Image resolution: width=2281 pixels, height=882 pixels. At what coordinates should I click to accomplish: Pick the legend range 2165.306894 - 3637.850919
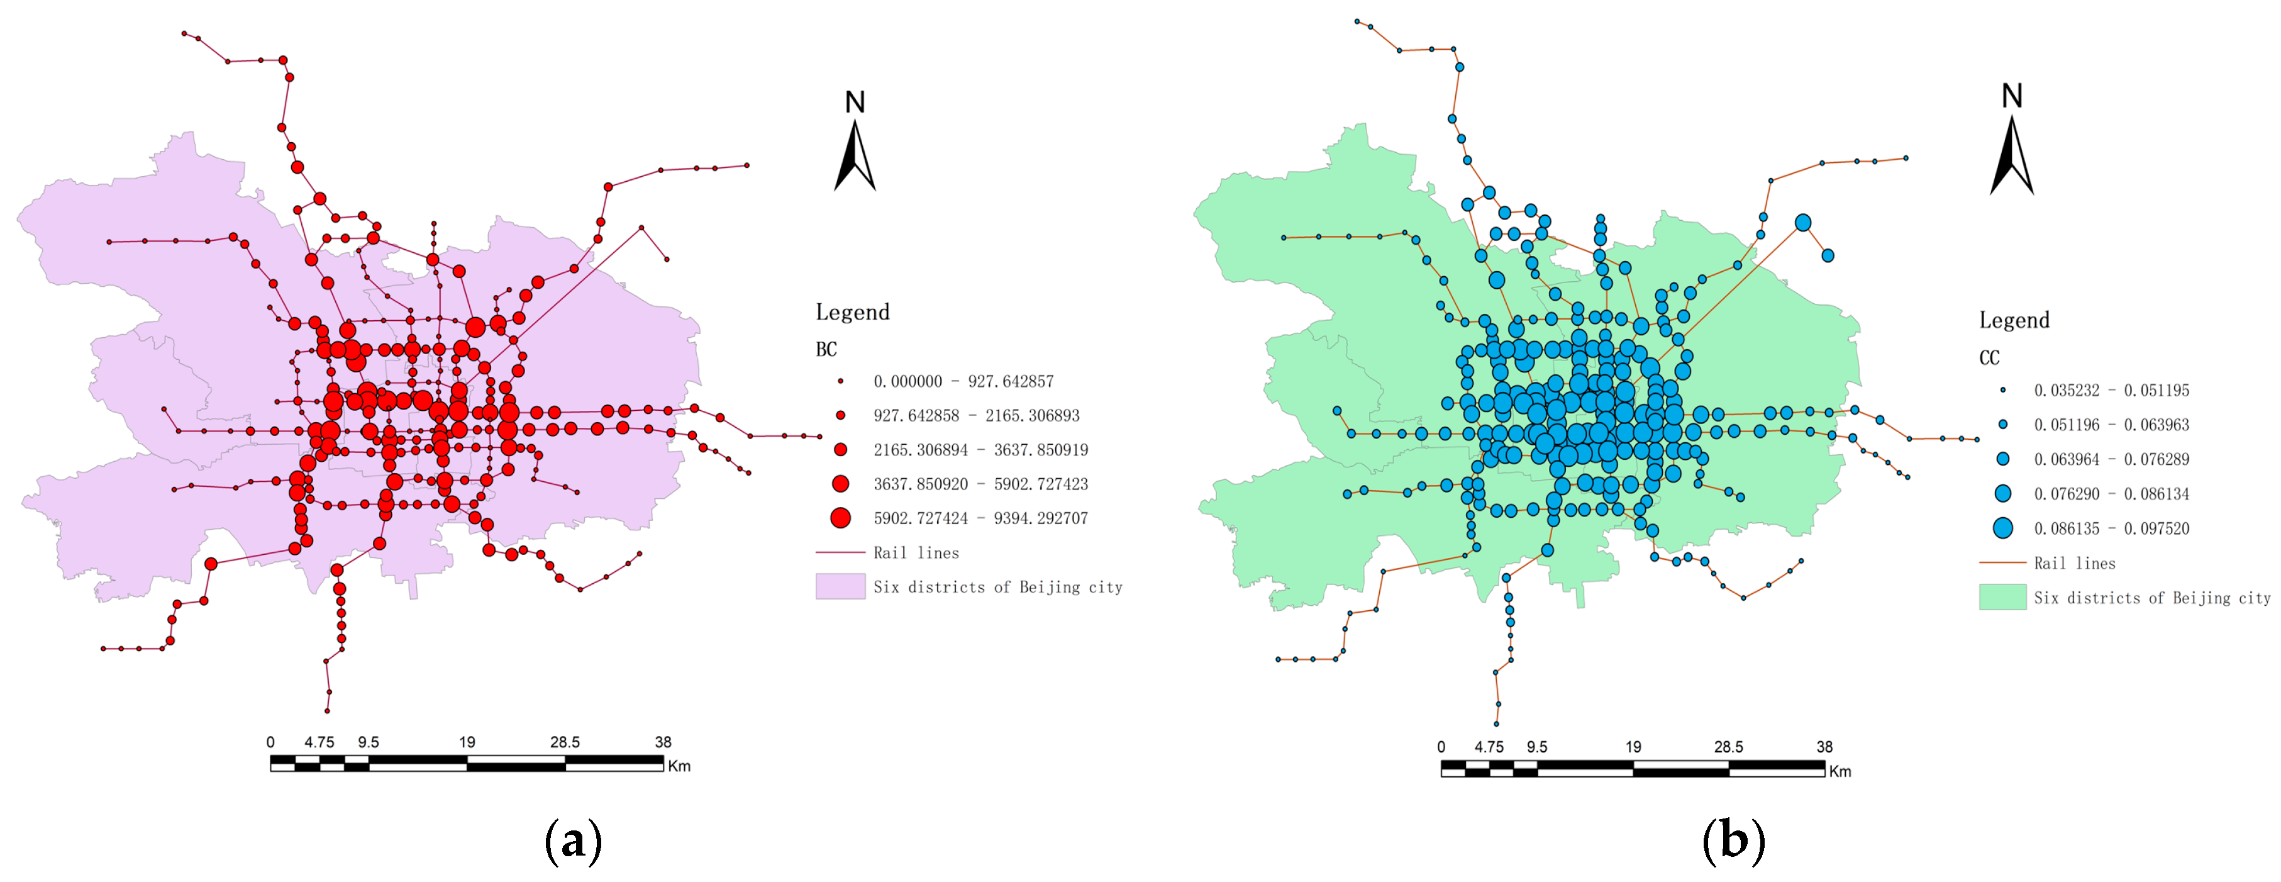[980, 450]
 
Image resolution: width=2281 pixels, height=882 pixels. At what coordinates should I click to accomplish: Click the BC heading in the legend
[826, 350]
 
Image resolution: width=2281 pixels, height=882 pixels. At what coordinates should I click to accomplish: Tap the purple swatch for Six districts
[840, 586]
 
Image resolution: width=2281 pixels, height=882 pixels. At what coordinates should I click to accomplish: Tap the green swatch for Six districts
[2002, 598]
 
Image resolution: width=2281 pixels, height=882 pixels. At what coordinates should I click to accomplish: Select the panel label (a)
[573, 841]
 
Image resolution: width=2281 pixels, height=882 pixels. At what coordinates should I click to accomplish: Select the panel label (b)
[1733, 841]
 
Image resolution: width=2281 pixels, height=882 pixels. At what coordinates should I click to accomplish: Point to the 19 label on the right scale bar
[1633, 747]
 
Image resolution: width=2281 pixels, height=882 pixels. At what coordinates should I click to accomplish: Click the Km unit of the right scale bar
[1840, 771]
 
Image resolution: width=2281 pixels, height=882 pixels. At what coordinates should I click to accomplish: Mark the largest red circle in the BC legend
[840, 518]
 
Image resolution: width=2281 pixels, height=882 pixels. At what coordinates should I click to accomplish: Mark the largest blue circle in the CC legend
[2002, 528]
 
